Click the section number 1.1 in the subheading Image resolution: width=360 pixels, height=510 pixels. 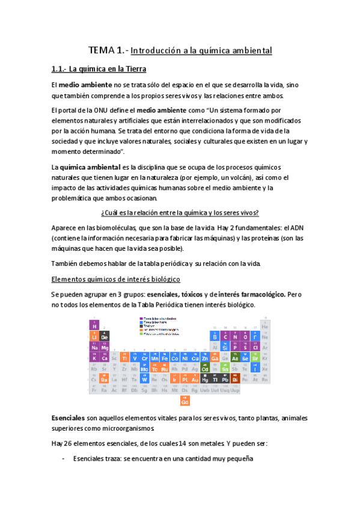coord(58,69)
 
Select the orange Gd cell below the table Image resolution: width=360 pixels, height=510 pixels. coord(185,401)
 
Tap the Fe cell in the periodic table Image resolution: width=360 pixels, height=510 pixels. coord(164,358)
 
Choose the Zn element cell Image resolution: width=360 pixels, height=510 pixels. coord(206,358)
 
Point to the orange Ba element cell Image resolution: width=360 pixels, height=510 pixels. coord(105,379)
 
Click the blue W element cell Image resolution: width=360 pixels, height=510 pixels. coord(144,379)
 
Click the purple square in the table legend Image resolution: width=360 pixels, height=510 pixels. coord(141,318)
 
